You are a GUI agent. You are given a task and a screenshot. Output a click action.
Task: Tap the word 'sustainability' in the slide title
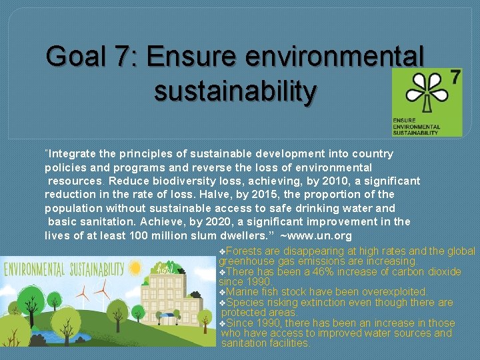pos(235,91)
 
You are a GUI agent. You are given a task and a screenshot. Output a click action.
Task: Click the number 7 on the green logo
pos(455,77)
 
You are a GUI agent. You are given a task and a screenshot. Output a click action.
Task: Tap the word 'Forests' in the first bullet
pos(244,251)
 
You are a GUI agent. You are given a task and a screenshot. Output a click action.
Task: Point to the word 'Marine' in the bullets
pos(243,292)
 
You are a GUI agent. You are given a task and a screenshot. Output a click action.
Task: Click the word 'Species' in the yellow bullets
pos(245,303)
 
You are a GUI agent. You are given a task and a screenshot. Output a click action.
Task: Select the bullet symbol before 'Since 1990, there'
pos(222,323)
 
